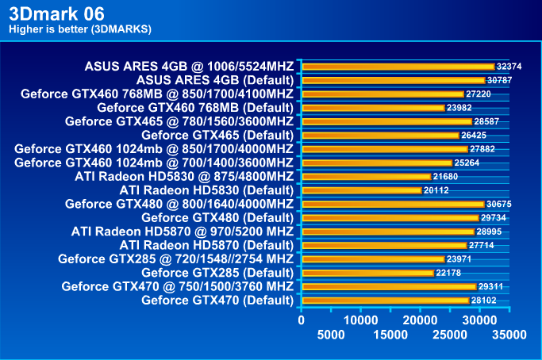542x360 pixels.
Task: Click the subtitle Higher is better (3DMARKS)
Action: click(x=79, y=30)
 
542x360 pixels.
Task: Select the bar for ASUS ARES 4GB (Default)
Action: click(x=393, y=80)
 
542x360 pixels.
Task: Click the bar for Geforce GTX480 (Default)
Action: click(x=390, y=217)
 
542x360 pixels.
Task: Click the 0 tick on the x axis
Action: click(x=301, y=320)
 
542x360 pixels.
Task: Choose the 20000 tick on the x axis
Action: click(x=419, y=320)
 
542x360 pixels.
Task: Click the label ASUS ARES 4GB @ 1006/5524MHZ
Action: click(x=189, y=67)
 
